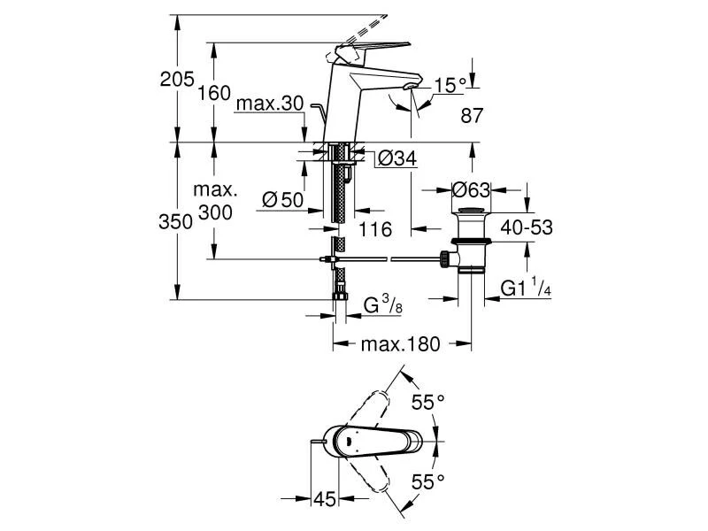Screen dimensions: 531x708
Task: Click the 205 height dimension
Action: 176,80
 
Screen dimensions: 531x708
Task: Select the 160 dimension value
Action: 215,92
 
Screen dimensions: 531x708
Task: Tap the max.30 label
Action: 269,104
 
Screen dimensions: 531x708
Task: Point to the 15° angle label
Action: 450,85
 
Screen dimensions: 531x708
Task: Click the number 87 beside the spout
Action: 473,115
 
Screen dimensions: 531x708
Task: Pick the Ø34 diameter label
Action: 397,158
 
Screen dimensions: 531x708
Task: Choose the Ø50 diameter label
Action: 283,200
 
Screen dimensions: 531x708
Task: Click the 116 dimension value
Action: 375,230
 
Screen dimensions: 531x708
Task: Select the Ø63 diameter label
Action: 471,189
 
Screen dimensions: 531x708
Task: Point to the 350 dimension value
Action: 176,221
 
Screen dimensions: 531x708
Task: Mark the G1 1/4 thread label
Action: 527,288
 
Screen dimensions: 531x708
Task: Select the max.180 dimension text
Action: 399,344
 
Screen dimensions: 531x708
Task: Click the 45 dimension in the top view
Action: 324,499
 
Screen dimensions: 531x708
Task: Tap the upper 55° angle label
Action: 427,403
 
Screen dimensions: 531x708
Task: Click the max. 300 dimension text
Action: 216,202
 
